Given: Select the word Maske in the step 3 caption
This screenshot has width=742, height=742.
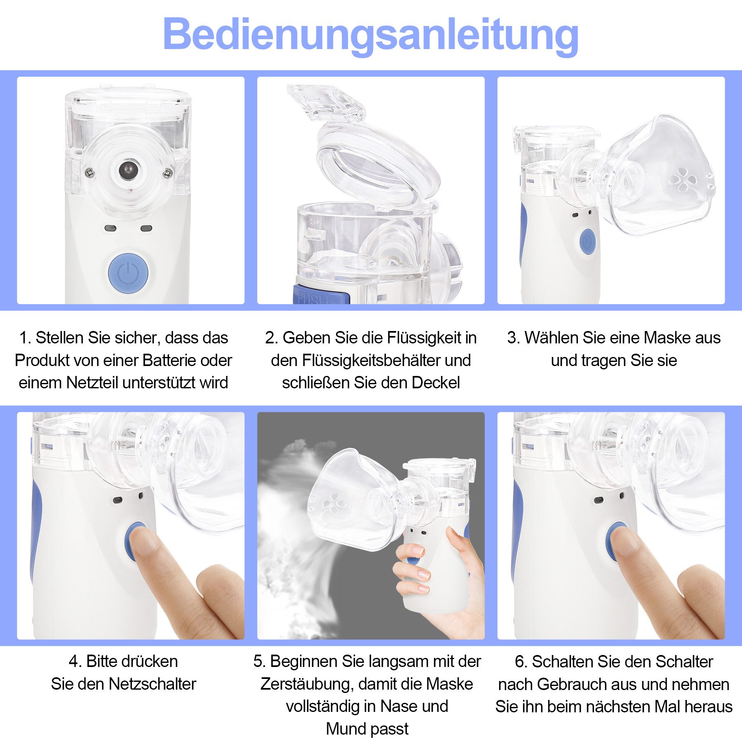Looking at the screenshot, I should pos(667,338).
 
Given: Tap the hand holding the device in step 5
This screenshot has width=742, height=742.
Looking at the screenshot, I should pos(437,585).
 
